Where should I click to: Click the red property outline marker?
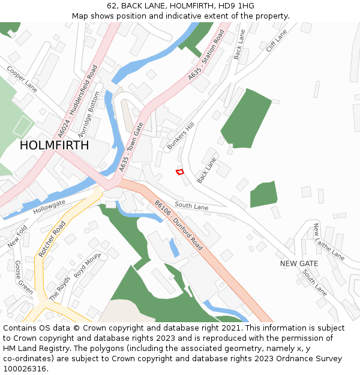[x=179, y=172]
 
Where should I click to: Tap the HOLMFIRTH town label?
[x=54, y=145]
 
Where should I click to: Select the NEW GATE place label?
[x=299, y=263]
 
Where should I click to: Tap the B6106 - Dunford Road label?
[x=179, y=225]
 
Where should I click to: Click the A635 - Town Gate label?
[x=131, y=147]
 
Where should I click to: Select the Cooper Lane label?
[x=22, y=79]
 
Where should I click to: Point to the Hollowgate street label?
[x=49, y=208]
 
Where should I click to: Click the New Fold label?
[x=17, y=236]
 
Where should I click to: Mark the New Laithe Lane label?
[x=328, y=241]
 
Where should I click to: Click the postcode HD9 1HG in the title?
[x=238, y=6]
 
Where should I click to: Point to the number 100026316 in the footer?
[x=24, y=368]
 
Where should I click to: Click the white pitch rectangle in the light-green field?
[x=22, y=126]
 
